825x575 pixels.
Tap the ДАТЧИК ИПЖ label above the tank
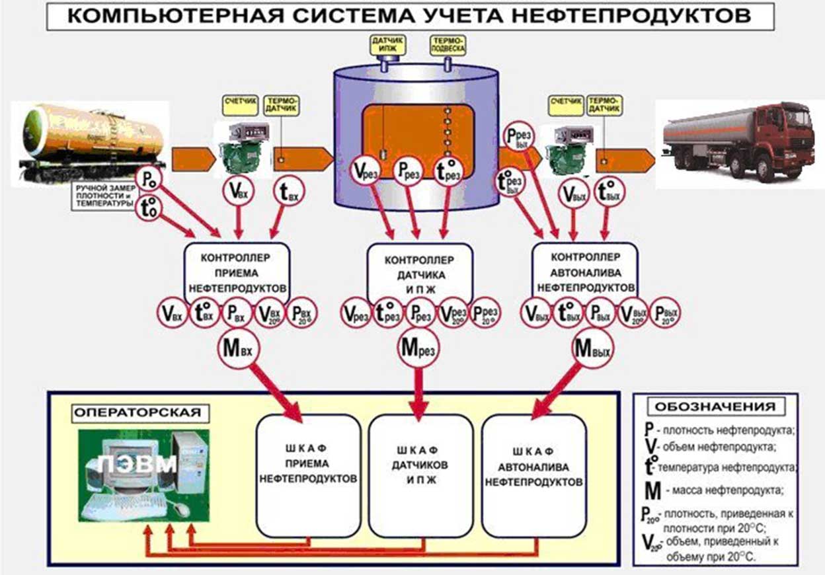point(388,45)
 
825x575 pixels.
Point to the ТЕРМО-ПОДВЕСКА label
point(448,45)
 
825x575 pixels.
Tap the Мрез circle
point(417,348)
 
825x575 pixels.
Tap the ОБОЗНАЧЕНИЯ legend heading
point(715,406)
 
